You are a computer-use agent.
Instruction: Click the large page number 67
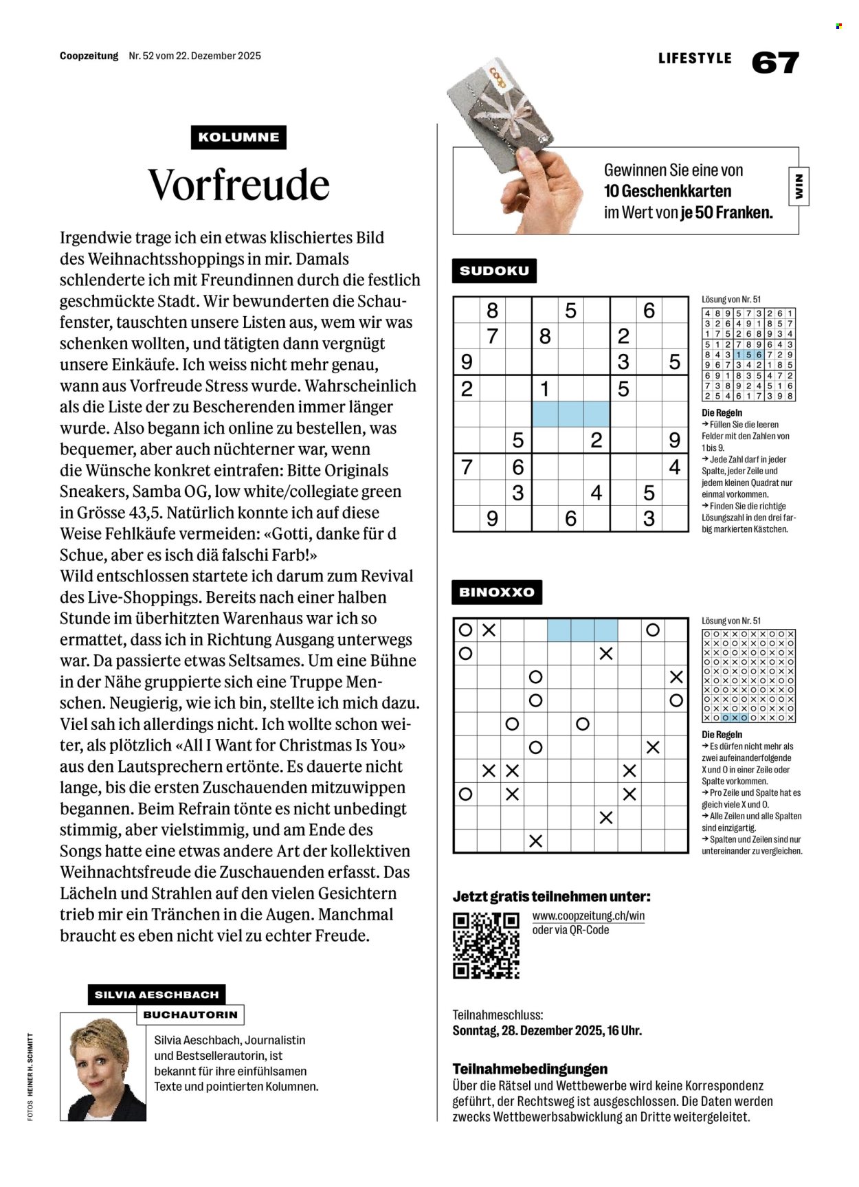(775, 63)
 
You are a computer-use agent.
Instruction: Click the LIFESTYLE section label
(695, 58)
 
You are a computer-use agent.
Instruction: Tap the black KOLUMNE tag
(238, 137)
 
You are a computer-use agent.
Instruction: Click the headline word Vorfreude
(238, 184)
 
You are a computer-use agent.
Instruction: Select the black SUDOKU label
(494, 271)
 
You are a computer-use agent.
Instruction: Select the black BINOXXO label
(497, 592)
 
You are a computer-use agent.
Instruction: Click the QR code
(486, 945)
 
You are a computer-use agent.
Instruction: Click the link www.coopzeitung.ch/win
(588, 916)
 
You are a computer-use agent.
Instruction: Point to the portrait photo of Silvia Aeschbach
(103, 1066)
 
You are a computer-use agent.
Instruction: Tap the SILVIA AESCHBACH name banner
(157, 995)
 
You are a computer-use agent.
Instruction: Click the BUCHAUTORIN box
(190, 1014)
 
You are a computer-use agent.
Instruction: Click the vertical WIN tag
(799, 186)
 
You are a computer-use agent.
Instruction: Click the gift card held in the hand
(500, 113)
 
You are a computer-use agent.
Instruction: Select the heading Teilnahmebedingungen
(530, 1069)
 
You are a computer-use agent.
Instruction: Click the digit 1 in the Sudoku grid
(545, 389)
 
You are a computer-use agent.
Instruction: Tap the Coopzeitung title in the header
(89, 56)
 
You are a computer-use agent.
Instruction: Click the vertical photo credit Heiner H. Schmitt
(30, 1076)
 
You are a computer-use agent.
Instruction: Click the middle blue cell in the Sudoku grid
(571, 414)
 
